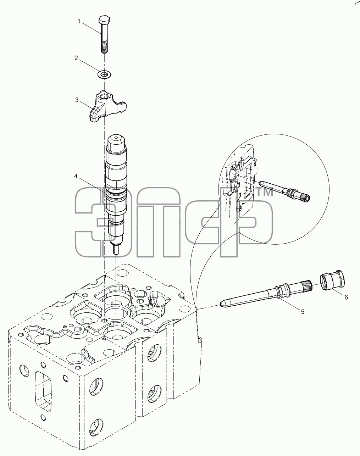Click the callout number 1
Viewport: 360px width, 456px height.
click(x=79, y=21)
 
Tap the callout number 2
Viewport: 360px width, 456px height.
click(x=76, y=58)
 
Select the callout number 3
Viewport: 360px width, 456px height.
click(x=77, y=100)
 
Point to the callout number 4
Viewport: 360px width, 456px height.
click(x=76, y=176)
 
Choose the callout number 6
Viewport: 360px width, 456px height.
click(x=346, y=297)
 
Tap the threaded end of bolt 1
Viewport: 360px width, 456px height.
click(x=104, y=47)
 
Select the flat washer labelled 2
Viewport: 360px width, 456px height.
click(x=105, y=74)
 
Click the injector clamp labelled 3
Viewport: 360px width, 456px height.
click(x=106, y=108)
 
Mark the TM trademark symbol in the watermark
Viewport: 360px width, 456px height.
click(x=265, y=193)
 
